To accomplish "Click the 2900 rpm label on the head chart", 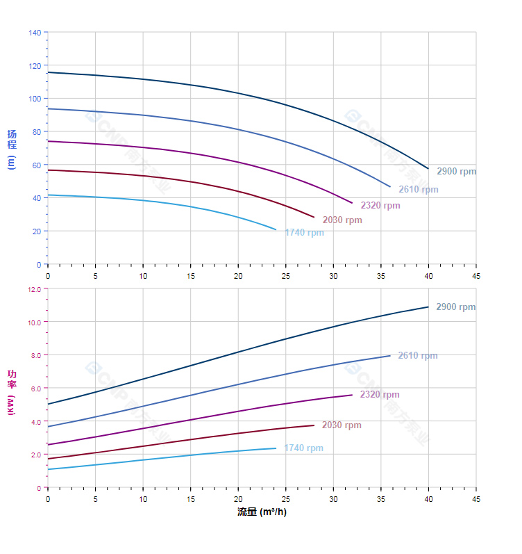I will click(x=457, y=171).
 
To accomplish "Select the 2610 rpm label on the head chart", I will click(x=418, y=189).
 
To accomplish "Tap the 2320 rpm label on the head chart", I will click(x=380, y=205).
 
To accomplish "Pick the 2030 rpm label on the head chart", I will click(x=342, y=220).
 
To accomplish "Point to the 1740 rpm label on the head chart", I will click(x=304, y=232).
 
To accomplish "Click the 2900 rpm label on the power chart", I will click(x=456, y=307).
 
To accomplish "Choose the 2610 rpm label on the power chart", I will click(x=418, y=355).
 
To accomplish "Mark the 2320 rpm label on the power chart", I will click(x=380, y=394).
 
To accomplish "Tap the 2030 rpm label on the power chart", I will click(x=342, y=425).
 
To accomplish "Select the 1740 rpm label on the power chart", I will click(x=303, y=448).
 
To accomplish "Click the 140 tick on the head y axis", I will click(x=35, y=32).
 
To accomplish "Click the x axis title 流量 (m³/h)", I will click(x=262, y=512).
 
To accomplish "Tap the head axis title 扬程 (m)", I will click(x=11, y=149).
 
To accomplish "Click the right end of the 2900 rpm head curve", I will click(x=428, y=169).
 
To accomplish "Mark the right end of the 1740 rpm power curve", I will click(x=276, y=448).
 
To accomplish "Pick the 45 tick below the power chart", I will click(x=476, y=499).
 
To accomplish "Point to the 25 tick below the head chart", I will click(x=286, y=275).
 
